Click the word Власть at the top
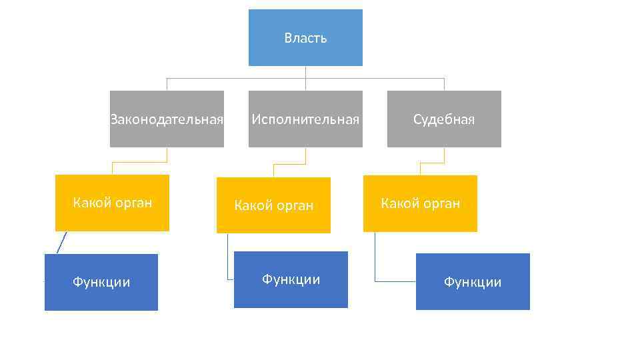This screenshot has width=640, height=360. [305, 38]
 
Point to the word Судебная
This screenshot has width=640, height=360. [444, 120]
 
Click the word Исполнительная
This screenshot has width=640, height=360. [305, 120]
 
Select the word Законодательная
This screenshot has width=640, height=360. [167, 120]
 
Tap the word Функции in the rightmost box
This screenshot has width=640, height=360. [473, 282]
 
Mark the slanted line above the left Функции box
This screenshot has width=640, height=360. [62, 243]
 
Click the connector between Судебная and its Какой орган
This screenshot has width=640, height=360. [432, 162]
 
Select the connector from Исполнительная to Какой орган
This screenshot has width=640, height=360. [289, 163]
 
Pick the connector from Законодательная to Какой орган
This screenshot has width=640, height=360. [139, 162]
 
